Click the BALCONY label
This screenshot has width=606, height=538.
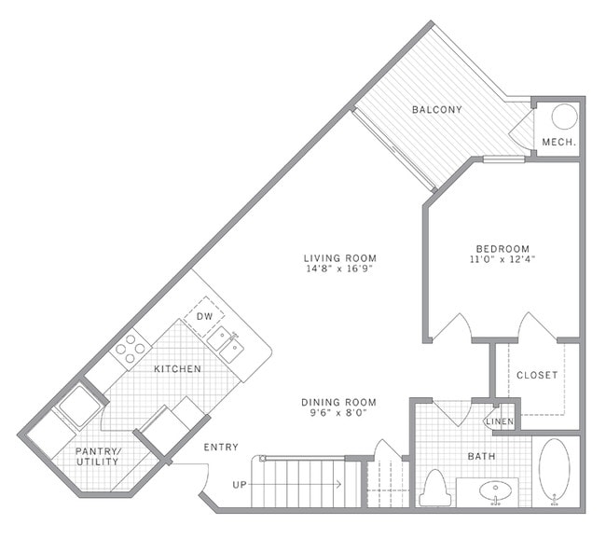[437, 110]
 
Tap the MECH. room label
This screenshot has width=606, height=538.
[558, 142]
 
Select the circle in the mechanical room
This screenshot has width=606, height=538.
[564, 117]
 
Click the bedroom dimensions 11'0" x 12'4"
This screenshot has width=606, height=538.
[503, 259]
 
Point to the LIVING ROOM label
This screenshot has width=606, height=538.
[340, 258]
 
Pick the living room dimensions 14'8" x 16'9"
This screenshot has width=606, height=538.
[340, 269]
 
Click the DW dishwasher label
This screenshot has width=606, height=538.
[204, 316]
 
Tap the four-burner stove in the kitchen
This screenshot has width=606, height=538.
[131, 349]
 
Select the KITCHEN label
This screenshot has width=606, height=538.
[177, 369]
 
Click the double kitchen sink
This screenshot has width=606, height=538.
[226, 345]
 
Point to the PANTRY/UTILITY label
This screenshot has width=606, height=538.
[98, 457]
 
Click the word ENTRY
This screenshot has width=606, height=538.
[221, 448]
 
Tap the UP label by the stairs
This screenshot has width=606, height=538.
[240, 485]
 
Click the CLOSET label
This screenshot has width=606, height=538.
[537, 375]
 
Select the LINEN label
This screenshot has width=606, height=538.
[500, 421]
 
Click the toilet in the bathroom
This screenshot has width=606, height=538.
[435, 488]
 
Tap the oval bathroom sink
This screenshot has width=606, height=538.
[495, 491]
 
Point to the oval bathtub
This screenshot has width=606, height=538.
[554, 472]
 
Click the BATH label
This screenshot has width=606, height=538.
[482, 457]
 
